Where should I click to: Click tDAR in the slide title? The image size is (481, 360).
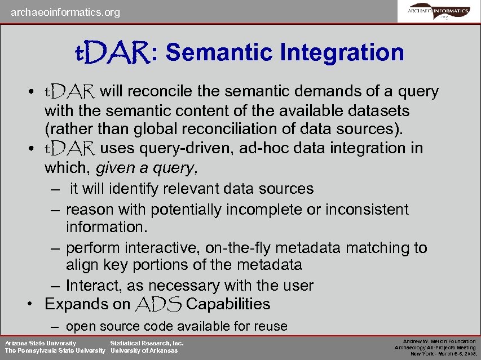112,52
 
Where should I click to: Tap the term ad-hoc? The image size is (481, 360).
262,148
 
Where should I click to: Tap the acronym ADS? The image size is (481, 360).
158,304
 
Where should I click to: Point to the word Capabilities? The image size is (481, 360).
228,304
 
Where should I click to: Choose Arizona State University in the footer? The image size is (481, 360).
41,343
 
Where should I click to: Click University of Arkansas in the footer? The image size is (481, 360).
144,351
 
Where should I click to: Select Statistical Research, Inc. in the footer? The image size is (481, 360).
147,343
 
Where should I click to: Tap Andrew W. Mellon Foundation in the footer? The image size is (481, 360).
439,341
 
